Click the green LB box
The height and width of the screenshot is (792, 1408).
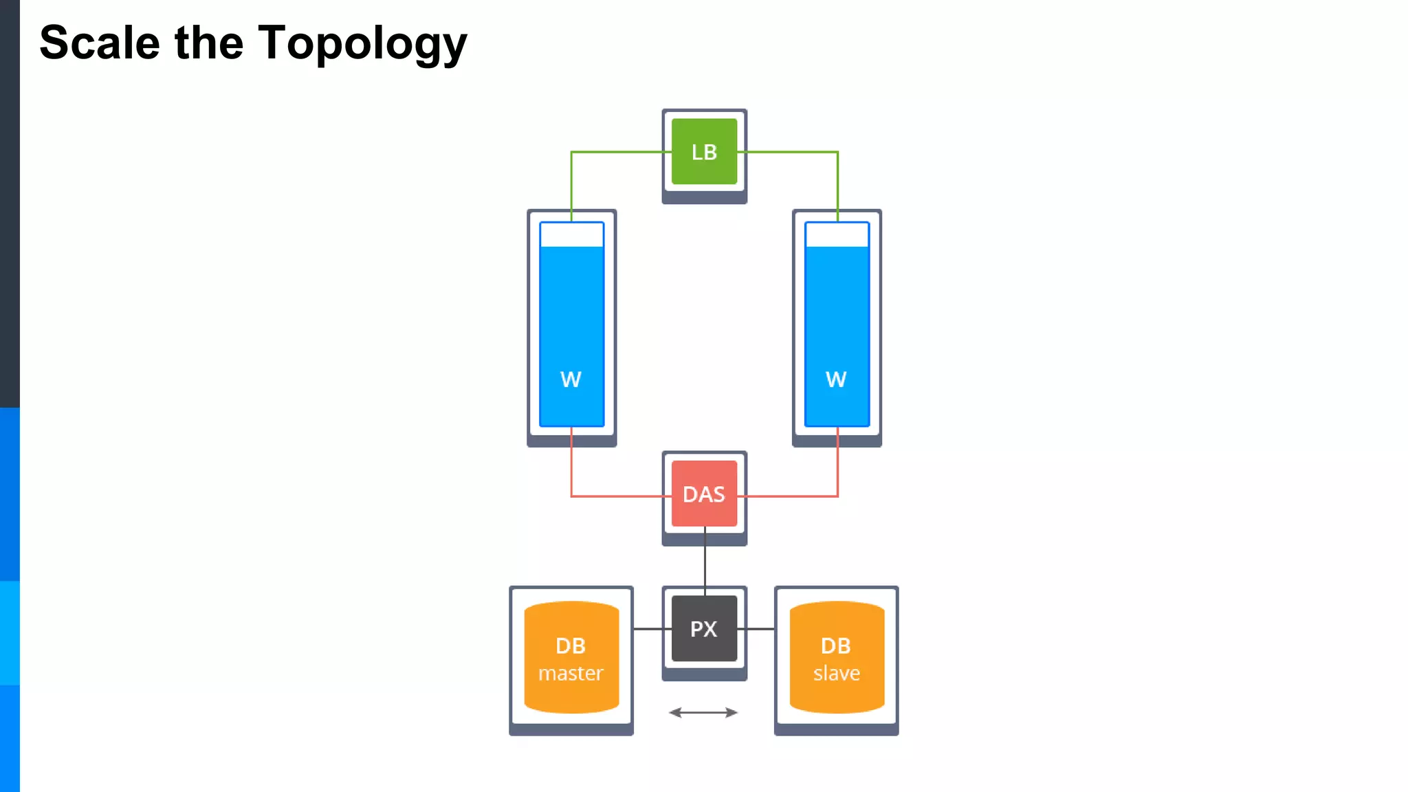coord(704,152)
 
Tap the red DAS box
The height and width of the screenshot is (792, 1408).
coord(704,494)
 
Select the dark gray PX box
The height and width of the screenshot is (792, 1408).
coord(704,628)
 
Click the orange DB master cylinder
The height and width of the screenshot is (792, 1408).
coord(571,657)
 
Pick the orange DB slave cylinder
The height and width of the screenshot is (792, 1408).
coord(837,657)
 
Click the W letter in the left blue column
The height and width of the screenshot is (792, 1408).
coord(571,379)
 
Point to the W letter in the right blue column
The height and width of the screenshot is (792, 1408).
coord(836,379)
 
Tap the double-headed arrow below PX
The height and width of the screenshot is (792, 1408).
coord(703,712)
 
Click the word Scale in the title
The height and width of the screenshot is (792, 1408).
coord(100,43)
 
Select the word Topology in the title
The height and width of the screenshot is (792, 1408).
coord(362,43)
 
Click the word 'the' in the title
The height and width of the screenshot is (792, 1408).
coord(209,43)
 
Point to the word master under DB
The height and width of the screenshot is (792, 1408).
coord(571,673)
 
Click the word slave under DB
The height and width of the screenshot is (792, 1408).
coord(837,673)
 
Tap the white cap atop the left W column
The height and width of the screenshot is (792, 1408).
coord(572,234)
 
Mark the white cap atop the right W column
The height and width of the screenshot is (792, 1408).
coord(837,234)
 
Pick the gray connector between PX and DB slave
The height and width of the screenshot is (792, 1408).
coord(760,628)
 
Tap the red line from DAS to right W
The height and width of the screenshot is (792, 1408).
coord(791,496)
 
